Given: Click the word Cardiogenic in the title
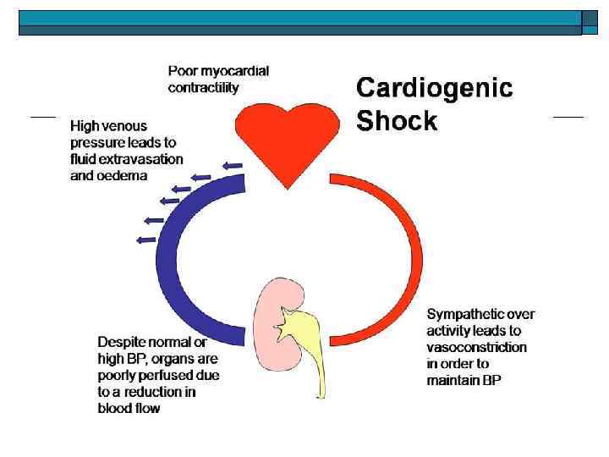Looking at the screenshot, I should click(434, 88).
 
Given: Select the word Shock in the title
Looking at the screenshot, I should click(397, 121).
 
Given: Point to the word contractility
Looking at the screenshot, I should click(203, 87).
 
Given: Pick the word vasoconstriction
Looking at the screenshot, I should click(476, 348).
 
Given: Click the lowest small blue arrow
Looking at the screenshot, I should click(145, 240).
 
